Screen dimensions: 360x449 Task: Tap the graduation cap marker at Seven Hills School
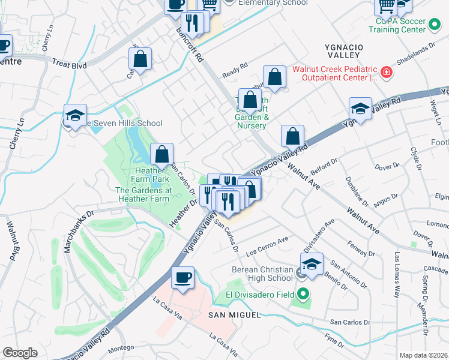tap(76, 115)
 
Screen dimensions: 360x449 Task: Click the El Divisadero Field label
tap(260, 294)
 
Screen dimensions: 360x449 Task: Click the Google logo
tap(20, 353)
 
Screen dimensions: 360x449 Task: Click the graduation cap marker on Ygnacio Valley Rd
tap(360, 109)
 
